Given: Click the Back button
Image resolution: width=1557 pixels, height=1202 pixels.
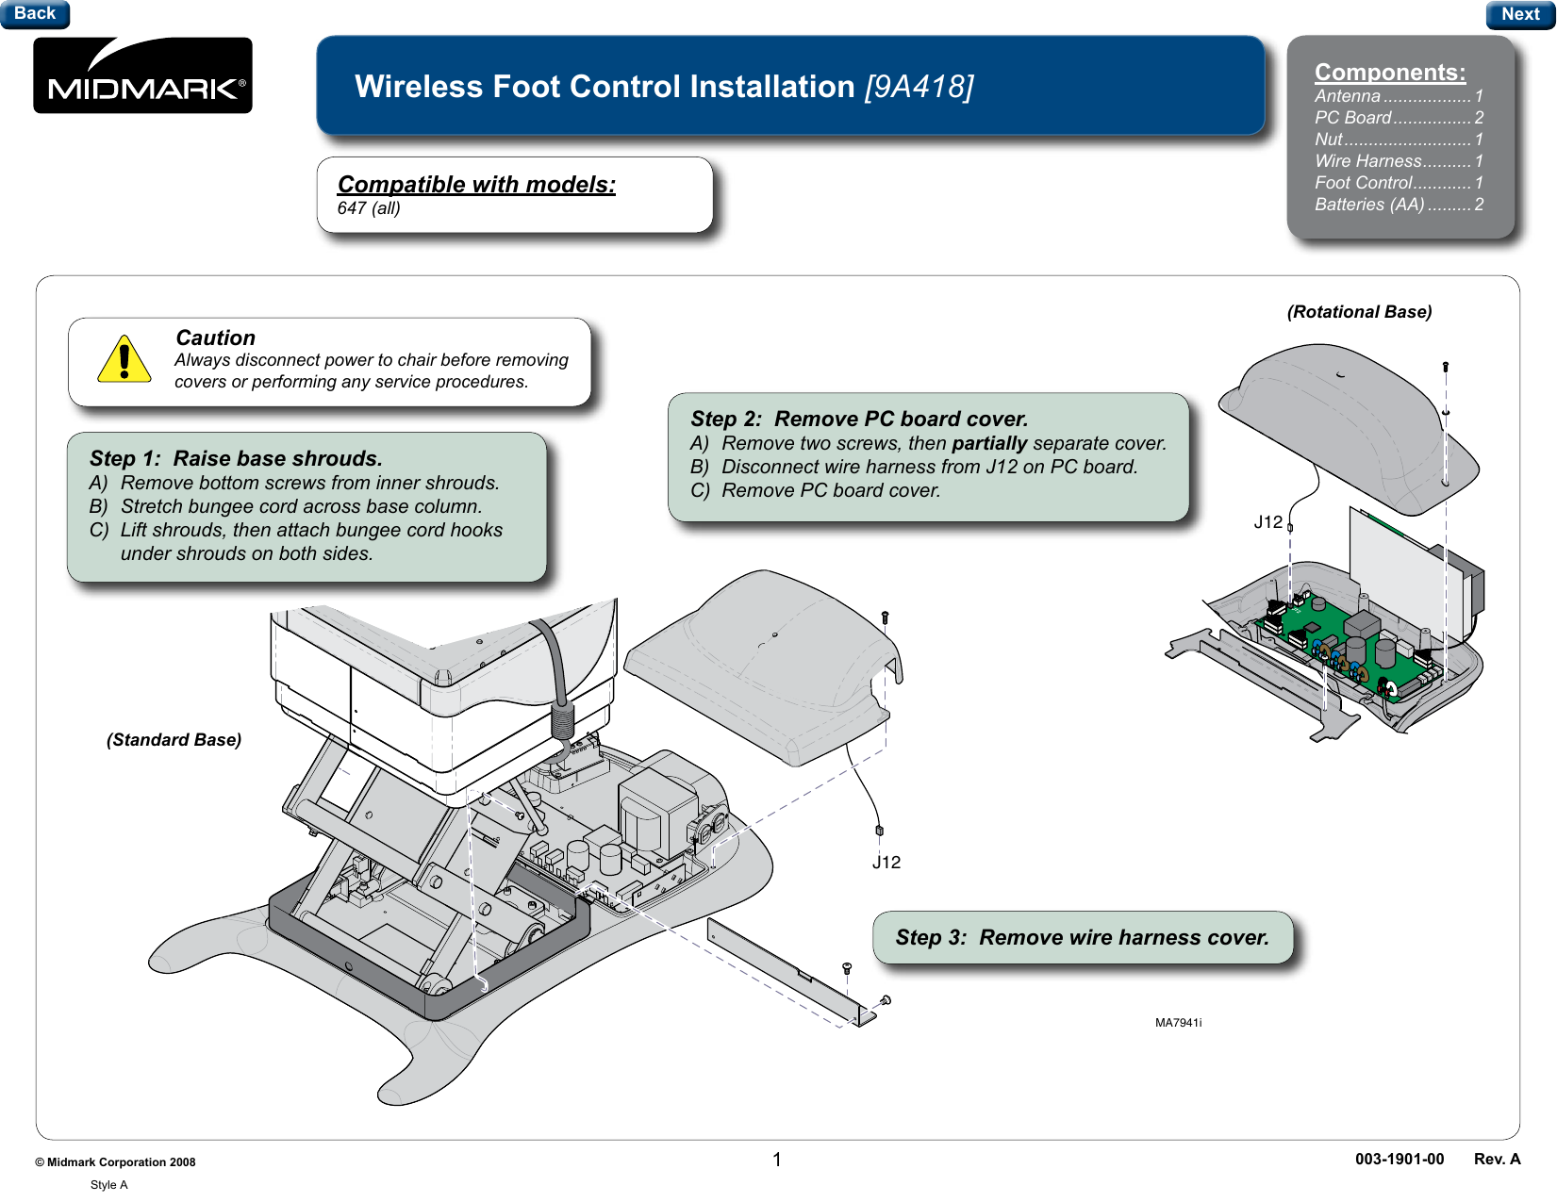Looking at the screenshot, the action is point(34,13).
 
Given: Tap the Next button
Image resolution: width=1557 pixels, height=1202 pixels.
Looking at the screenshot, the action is point(1519,14).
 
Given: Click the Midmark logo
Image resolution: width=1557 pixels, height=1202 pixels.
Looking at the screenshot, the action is point(142,75).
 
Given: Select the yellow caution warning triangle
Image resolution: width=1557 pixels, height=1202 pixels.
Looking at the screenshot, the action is point(124,359).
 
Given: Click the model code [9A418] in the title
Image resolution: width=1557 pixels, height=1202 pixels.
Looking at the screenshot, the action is point(919,87).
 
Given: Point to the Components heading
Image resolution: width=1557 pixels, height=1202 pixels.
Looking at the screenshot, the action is point(1390,72).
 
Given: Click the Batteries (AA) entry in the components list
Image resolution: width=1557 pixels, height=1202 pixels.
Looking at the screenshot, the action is point(1399,205).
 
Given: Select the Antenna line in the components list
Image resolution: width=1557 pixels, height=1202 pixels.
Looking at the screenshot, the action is point(1399,96).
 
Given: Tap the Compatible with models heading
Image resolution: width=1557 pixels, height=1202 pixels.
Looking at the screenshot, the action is point(476,184).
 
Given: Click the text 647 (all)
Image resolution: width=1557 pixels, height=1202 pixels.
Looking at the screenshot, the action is point(369,208).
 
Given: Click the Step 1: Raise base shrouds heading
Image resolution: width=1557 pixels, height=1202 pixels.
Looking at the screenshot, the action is point(236,458).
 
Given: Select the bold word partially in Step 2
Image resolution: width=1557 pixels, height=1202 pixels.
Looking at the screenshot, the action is point(989,443).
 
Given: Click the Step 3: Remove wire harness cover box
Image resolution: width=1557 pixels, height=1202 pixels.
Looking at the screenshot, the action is point(1082,937).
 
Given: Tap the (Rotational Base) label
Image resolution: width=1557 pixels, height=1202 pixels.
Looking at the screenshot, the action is point(1359,312).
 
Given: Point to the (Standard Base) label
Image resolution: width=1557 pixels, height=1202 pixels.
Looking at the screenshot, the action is point(174,739).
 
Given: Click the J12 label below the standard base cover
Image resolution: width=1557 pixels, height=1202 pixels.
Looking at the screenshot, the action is point(886,863).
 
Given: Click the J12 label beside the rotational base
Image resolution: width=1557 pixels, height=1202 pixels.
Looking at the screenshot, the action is point(1268,522).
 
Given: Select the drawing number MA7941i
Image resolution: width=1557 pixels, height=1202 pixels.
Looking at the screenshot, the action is point(1178,1023).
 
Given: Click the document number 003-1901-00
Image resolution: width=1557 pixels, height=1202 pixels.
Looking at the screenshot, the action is point(1400,1160).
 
